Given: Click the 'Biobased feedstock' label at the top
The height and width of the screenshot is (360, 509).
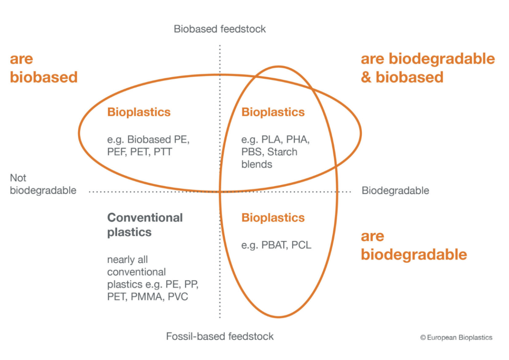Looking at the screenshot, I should coord(220,29).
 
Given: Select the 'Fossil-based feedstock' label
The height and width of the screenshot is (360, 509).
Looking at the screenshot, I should coord(220,336).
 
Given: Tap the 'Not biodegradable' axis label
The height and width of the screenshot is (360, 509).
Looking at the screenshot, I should coord(43,184).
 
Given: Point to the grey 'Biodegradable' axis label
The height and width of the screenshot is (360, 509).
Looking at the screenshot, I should coord(395,190).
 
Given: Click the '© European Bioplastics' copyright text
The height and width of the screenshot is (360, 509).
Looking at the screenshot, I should coord(456,338).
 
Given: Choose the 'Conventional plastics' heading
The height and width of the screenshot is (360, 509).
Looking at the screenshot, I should coord(145,225).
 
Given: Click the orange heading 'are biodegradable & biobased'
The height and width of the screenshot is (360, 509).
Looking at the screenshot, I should coord(428,68).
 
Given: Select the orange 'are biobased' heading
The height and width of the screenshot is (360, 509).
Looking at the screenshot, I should coord(44,68).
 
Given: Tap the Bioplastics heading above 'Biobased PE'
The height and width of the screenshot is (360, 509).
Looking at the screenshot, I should coord(139,112).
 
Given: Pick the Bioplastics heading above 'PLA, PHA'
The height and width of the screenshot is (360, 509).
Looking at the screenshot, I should coord(273,112).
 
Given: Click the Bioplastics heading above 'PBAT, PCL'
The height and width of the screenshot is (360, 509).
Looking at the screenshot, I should coord(273,218).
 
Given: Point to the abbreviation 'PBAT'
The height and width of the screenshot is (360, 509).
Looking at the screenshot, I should coord(273,245).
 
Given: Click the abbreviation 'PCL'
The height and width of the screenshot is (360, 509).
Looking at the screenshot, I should coord(301,245).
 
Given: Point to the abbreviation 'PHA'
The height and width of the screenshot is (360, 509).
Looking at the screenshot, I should coord(303,139).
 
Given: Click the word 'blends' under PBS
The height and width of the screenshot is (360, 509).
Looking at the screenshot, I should coord(257,164).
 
